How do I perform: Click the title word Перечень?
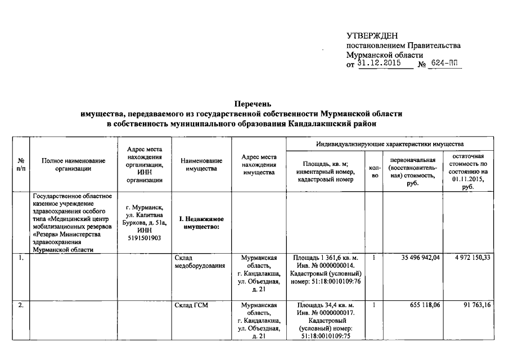[x=254, y=104]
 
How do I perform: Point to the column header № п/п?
[x=21, y=165]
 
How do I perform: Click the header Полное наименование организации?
[x=73, y=165]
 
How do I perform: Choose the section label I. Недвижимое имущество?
[x=201, y=222]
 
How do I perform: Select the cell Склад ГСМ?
[x=192, y=305]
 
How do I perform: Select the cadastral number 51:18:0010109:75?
[x=326, y=336]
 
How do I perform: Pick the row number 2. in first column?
[x=20, y=305]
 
